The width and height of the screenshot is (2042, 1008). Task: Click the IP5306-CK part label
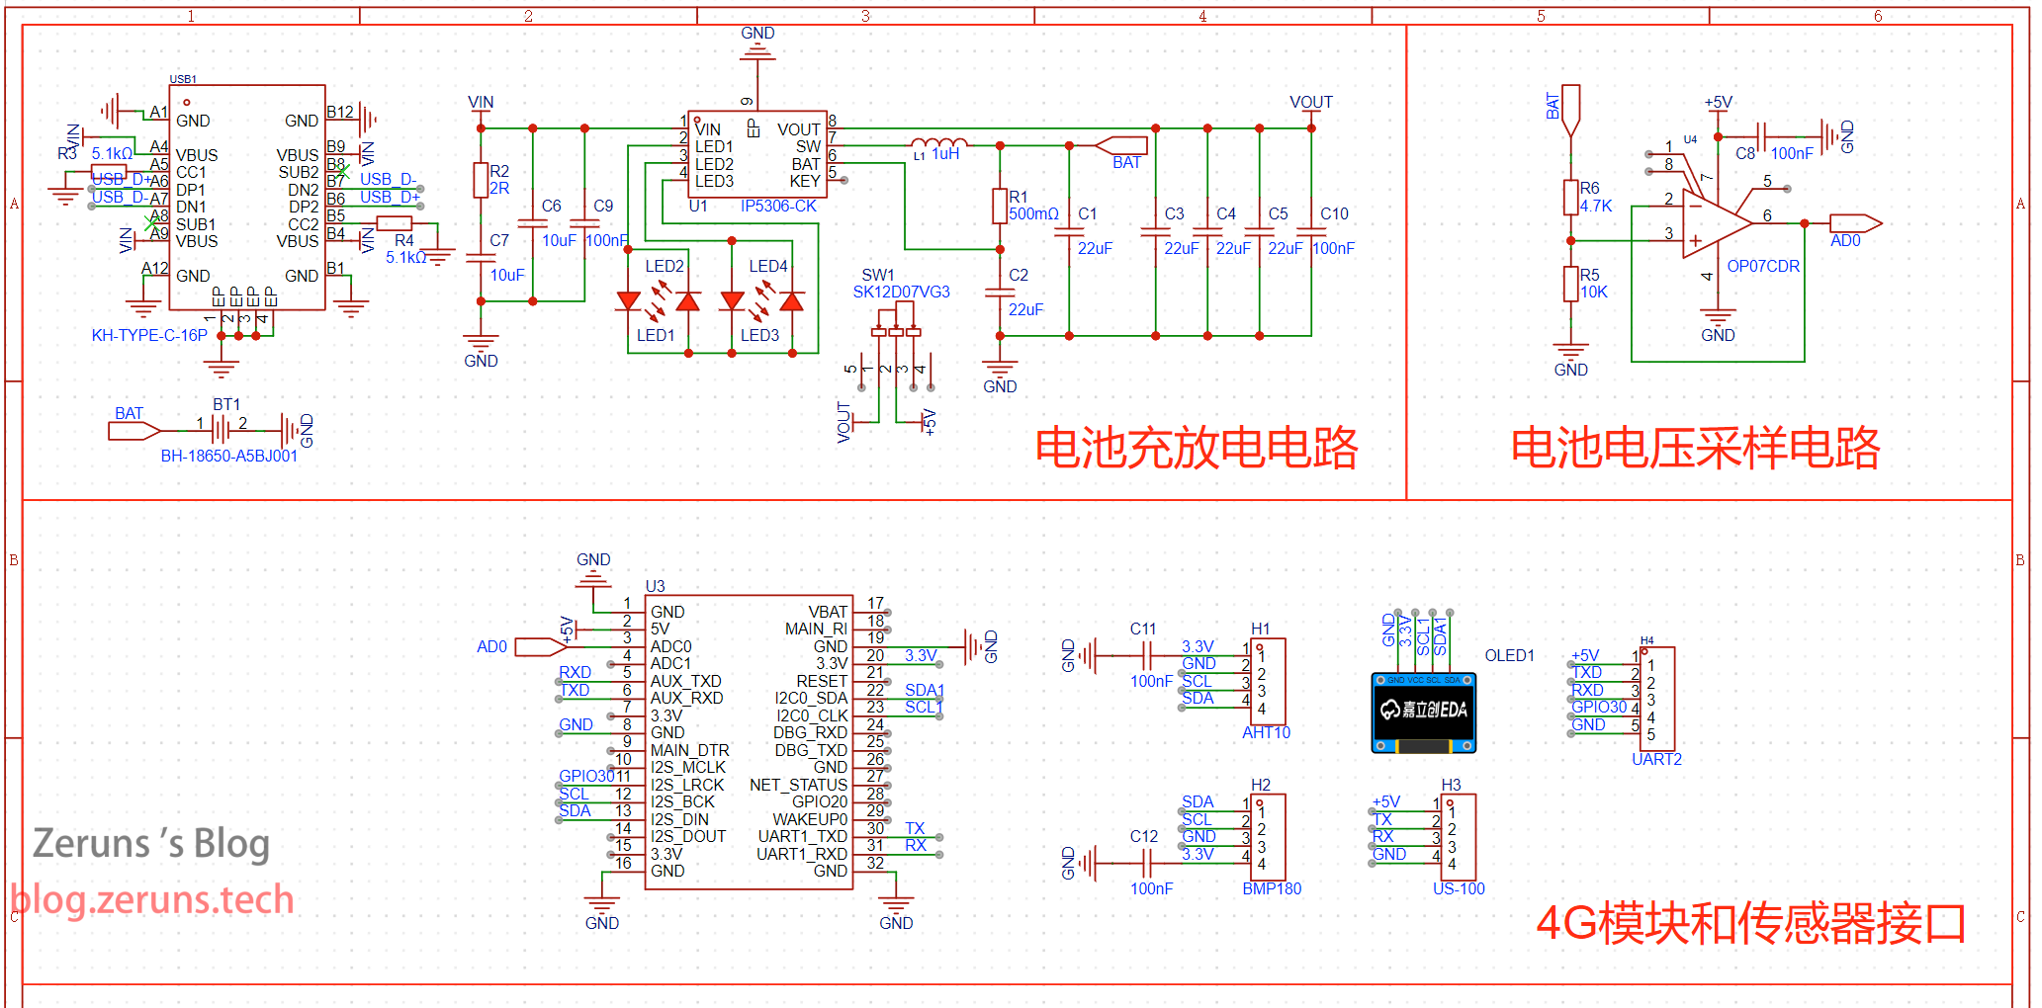(778, 207)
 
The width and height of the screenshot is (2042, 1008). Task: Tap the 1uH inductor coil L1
(938, 144)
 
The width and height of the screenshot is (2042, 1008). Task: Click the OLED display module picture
(1423, 713)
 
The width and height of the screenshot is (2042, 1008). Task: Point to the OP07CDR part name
(1763, 267)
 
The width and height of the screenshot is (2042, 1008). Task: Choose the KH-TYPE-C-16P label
(149, 336)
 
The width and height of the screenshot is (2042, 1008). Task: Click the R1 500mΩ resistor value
(1033, 214)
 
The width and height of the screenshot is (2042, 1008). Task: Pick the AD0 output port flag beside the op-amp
(1854, 223)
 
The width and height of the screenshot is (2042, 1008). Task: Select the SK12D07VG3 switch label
(901, 293)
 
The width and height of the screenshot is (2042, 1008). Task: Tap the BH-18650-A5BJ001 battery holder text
(228, 457)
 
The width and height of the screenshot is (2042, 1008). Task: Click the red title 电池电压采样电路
(1695, 449)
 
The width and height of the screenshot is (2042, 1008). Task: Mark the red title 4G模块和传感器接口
(1750, 924)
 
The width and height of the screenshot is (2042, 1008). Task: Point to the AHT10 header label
(1266, 733)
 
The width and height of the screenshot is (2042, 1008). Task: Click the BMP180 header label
(1272, 889)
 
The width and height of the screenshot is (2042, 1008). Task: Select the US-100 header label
(1459, 889)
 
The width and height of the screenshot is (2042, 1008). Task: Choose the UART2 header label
(1656, 760)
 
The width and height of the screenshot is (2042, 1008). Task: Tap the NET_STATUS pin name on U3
(798, 786)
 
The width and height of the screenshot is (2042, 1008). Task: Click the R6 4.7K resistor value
(1596, 207)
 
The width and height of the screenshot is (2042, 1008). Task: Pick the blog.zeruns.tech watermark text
(152, 900)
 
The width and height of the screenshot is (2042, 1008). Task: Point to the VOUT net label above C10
(1310, 103)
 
